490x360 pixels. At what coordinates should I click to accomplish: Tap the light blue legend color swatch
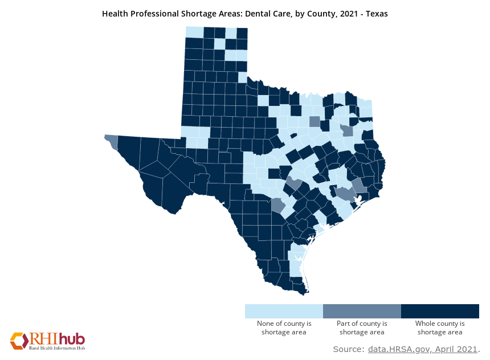(x=284, y=311)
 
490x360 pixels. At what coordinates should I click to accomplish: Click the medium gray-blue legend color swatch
(x=362, y=311)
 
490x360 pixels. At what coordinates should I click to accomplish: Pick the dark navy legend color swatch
(x=440, y=311)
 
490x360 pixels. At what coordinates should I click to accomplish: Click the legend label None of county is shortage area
(x=284, y=328)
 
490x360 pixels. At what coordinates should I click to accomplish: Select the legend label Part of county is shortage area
(x=362, y=328)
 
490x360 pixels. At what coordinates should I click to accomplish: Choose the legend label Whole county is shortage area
(x=440, y=328)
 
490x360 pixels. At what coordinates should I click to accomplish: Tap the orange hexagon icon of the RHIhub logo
(x=19, y=341)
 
